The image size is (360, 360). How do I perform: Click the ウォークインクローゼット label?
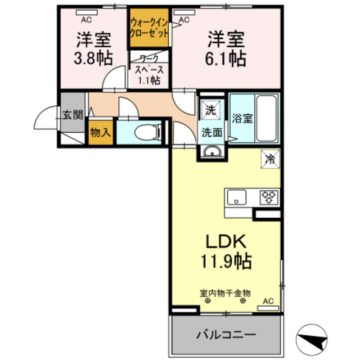click(149, 28)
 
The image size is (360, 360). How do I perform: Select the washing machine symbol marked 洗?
click(210, 109)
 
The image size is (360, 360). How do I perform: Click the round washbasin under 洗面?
click(210, 151)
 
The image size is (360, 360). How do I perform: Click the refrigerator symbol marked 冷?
click(269, 159)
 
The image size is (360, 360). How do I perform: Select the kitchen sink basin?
click(236, 197)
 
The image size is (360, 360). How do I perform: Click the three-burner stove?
click(268, 197)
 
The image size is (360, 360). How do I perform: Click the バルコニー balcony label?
click(226, 335)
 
